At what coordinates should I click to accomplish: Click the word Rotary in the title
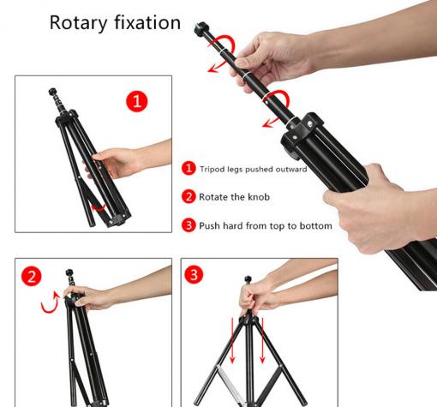[x=79, y=23]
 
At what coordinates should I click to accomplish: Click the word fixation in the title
[x=147, y=22]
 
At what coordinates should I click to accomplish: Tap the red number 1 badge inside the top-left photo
[x=137, y=101]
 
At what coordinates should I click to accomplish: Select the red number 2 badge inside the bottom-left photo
[x=32, y=276]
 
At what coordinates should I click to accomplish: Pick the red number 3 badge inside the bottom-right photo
[x=194, y=274]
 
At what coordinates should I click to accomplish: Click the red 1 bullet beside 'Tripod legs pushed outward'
[x=189, y=168]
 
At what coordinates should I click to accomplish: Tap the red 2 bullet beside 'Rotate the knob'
[x=189, y=196]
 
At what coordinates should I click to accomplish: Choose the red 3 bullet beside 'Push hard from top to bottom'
[x=189, y=225]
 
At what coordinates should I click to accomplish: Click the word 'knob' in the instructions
[x=259, y=197]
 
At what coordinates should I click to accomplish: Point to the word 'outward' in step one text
[x=291, y=169]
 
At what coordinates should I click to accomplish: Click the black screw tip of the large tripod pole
[x=201, y=29]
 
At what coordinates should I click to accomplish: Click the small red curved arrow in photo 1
[x=98, y=208]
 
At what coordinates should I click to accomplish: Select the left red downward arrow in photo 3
[x=232, y=340]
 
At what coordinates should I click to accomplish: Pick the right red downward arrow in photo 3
[x=262, y=340]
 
